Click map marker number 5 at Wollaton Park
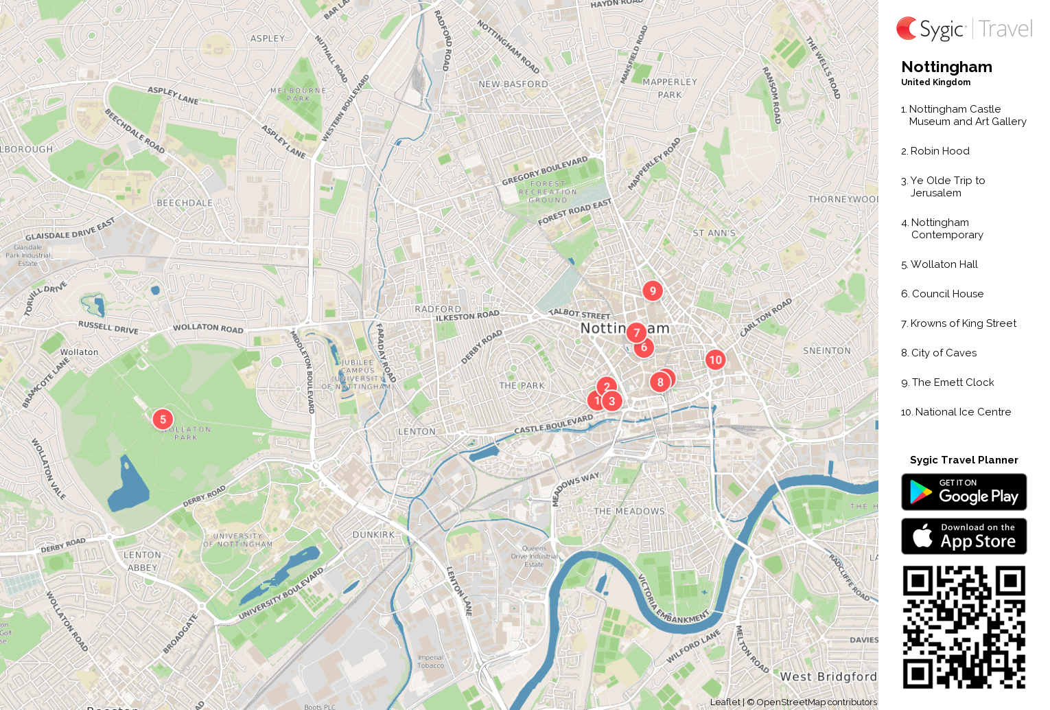pos(163,420)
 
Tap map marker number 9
pos(653,291)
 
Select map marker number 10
pos(715,360)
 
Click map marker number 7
pos(636,333)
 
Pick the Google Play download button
pos(964,492)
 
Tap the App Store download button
pos(964,536)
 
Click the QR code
pos(964,627)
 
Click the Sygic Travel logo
pos(964,29)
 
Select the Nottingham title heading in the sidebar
pos(946,67)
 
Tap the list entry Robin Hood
pos(940,151)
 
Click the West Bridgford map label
pos(828,676)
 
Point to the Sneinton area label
pos(826,351)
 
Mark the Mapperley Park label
pos(669,89)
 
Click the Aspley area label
pos(267,38)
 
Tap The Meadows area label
pos(629,512)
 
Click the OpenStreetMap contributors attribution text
pos(816,702)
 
